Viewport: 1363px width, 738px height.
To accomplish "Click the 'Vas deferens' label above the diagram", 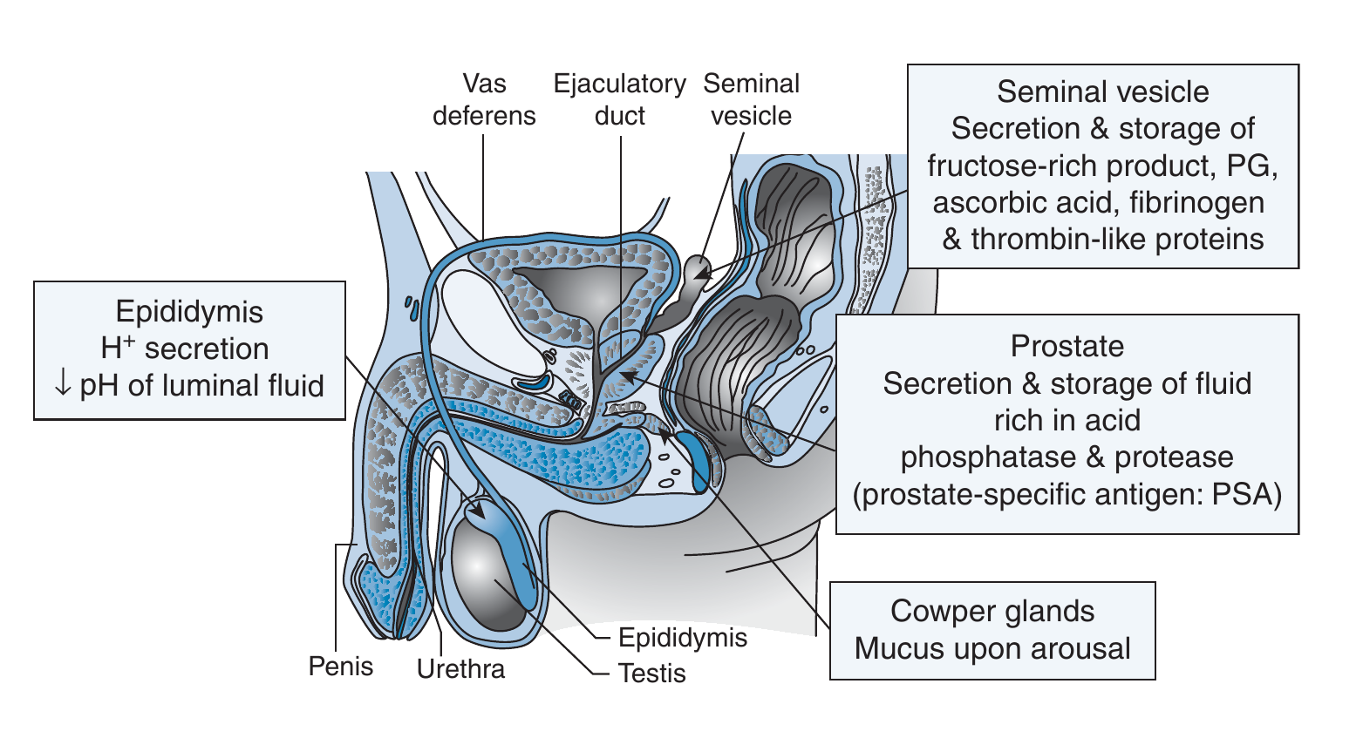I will pos(484,99).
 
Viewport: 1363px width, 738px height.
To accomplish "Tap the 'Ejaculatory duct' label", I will pos(619,99).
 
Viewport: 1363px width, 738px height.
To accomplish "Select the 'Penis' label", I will pos(341,667).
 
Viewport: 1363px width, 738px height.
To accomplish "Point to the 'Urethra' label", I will pos(460,669).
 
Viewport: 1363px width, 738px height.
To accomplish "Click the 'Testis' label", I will pos(651,674).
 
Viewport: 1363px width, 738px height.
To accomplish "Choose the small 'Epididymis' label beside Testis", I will pos(683,638).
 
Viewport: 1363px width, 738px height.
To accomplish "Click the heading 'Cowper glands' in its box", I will pos(992,611).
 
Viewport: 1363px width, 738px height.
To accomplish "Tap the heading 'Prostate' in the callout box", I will pos(1067,346).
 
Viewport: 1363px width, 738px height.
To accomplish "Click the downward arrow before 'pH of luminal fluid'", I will pos(62,385).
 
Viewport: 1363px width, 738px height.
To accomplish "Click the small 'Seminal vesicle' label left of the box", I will pos(751,99).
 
